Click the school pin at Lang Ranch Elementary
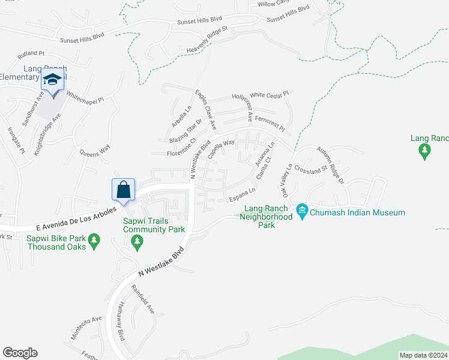pos(53,80)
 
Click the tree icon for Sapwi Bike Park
pos(94,241)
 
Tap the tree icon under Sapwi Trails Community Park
pos(137,241)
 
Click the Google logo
pos(20,353)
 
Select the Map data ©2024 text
pos(423,355)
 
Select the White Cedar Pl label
pos(270,94)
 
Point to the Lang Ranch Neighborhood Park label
pos(265,217)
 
